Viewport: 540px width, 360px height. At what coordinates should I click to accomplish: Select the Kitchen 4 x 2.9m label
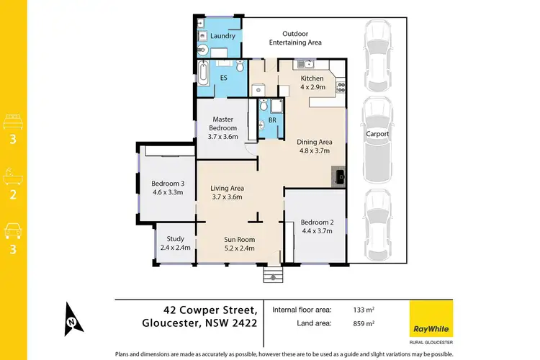pos(313,81)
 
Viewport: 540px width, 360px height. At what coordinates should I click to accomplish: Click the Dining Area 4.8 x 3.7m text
pos(314,146)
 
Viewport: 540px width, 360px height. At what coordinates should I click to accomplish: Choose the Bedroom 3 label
pos(167,187)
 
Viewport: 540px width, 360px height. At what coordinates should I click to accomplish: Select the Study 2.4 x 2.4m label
pos(176,243)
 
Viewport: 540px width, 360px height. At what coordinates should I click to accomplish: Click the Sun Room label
pos(240,243)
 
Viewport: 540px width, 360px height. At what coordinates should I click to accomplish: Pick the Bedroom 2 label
pos(315,225)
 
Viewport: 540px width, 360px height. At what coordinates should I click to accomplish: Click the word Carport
pos(377,134)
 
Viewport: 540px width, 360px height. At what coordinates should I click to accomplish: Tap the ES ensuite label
pos(223,77)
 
